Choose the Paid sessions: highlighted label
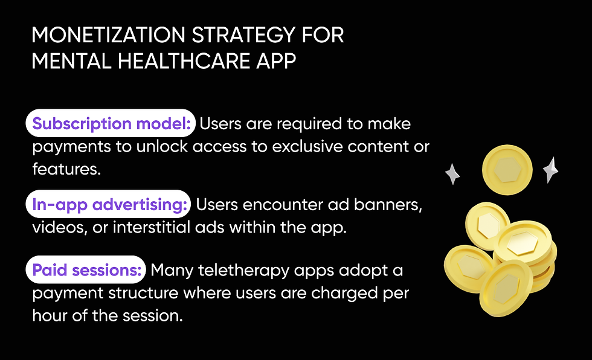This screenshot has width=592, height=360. click(x=86, y=270)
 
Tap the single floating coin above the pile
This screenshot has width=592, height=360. click(x=507, y=170)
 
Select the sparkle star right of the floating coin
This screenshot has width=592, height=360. click(x=550, y=170)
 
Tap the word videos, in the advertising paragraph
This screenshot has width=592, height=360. click(x=56, y=228)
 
